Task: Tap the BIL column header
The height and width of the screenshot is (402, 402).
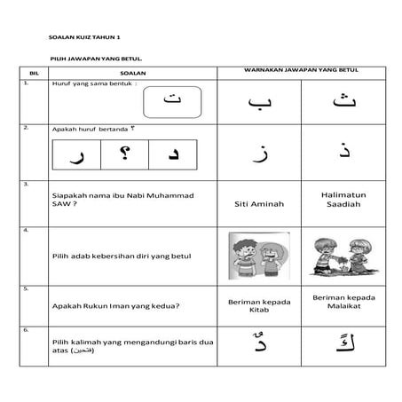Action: pyautogui.click(x=35, y=73)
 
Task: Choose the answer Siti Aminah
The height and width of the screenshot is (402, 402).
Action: pyautogui.click(x=259, y=203)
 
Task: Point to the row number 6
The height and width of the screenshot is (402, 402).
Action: pyautogui.click(x=27, y=330)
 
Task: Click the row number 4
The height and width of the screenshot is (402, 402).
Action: pyautogui.click(x=27, y=230)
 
